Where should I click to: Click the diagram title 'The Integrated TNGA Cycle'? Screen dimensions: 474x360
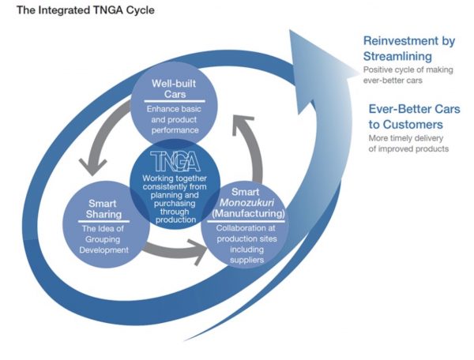click(x=85, y=10)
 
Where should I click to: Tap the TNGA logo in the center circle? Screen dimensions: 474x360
click(x=175, y=161)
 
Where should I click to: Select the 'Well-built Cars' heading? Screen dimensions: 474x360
click(x=174, y=88)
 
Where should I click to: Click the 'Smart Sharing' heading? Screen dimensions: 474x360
click(x=103, y=208)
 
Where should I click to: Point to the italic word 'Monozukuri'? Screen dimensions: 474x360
click(x=246, y=202)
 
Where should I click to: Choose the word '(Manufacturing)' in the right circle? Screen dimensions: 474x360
click(x=248, y=213)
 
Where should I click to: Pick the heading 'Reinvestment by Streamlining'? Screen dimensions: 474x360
click(x=409, y=48)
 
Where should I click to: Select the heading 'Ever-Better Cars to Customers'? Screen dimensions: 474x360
click(x=414, y=117)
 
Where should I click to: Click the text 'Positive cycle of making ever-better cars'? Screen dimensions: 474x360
click(x=408, y=75)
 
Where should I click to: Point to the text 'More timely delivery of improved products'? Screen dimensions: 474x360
click(x=408, y=144)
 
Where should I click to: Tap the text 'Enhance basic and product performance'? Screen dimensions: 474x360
click(x=175, y=119)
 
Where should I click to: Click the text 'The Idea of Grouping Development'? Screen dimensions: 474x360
click(x=103, y=239)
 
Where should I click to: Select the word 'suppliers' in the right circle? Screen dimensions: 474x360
click(x=246, y=260)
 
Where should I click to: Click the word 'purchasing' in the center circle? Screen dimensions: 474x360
click(x=175, y=204)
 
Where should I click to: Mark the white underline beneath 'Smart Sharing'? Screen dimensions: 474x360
click(x=103, y=221)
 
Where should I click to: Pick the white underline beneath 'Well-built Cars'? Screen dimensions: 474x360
click(x=175, y=102)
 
